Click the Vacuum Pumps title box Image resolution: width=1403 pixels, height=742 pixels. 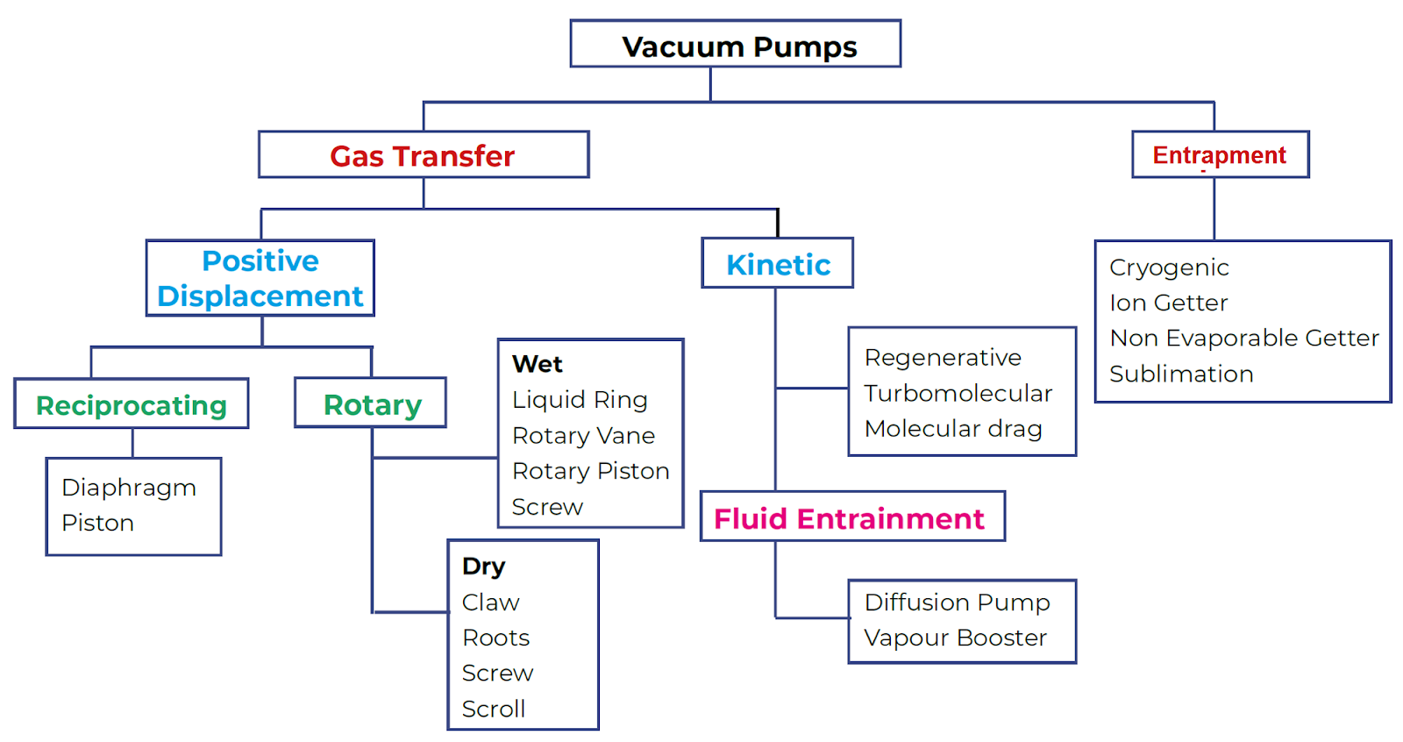point(735,45)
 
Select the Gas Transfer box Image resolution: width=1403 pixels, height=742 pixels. point(423,155)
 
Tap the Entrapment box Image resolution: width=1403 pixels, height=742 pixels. point(1219,155)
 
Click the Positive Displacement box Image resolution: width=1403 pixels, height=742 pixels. point(260,278)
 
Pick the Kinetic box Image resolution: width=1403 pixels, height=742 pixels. point(777,264)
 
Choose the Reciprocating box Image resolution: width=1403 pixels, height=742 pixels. point(132,404)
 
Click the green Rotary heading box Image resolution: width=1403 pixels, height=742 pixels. point(371,403)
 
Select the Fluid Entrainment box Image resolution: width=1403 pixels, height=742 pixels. point(851,517)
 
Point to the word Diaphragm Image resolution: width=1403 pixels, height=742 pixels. point(129,488)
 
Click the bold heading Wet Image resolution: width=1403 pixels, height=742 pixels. point(537,364)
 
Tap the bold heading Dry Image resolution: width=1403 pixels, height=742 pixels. point(483,567)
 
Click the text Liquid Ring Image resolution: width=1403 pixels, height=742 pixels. point(580,400)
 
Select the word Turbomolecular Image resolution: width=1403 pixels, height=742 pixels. point(958,393)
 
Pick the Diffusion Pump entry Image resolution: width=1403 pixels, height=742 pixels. point(957,603)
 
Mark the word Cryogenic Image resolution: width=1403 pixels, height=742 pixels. point(1168,268)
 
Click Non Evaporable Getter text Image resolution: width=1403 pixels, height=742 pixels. point(1243,338)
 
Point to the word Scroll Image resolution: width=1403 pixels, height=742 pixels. point(493,709)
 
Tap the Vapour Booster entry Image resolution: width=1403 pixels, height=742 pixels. point(955,638)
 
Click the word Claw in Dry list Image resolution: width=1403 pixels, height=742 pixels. point(490,603)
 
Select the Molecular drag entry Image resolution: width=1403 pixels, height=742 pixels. point(952,429)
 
